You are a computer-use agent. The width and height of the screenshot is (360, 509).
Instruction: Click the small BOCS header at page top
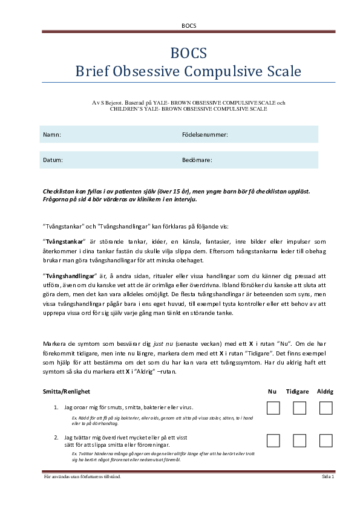[188, 25]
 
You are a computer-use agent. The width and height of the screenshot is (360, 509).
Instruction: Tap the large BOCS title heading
[188, 52]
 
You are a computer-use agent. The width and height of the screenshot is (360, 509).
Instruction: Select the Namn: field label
[52, 135]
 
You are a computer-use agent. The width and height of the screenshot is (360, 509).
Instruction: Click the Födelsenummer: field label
[205, 135]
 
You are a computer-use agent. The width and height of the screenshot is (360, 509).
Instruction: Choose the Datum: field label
[53, 160]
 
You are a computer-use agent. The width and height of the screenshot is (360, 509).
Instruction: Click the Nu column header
[272, 392]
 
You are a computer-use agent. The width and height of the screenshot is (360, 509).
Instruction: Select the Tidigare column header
[299, 392]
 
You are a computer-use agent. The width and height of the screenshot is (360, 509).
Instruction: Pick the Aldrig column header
[326, 392]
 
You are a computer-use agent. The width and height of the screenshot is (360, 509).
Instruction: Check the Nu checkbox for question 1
[273, 408]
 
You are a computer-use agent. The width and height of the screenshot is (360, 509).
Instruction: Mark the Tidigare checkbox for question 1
[299, 408]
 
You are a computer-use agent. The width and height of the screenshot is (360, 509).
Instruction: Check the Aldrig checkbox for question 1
[326, 408]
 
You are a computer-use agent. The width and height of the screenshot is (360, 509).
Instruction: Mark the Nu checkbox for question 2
[273, 440]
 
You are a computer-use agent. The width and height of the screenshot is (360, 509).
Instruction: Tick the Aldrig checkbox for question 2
[326, 440]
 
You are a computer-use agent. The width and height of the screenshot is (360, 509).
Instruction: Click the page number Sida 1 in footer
[328, 477]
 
